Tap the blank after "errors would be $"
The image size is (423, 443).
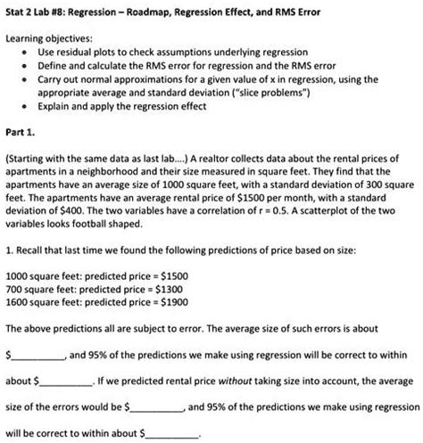point(156,409)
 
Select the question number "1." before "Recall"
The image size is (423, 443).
point(9,250)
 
